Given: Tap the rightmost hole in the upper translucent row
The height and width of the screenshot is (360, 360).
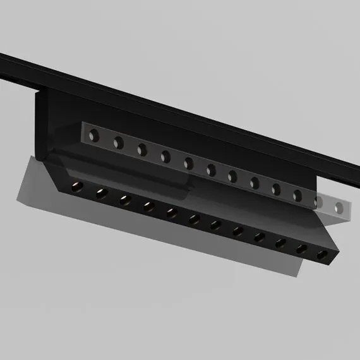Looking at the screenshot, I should [x=340, y=207].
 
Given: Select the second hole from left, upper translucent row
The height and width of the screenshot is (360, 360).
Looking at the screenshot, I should [x=118, y=141].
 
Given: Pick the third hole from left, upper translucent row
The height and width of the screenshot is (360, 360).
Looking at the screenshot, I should [x=142, y=148].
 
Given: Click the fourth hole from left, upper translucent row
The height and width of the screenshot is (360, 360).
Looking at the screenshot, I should [x=165, y=155].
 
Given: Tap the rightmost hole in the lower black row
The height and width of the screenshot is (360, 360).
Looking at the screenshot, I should [x=323, y=256].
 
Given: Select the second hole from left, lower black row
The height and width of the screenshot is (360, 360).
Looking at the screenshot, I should [x=100, y=193].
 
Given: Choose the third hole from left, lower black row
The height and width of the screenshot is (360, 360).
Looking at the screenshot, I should [x=124, y=200].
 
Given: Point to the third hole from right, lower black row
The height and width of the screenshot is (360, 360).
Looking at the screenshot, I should [x=280, y=243].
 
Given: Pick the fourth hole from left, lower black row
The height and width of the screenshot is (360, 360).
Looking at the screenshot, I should [x=148, y=206].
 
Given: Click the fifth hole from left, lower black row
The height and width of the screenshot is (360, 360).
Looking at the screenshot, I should [x=171, y=212].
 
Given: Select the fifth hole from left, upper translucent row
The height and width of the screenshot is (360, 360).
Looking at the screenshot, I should [x=189, y=162].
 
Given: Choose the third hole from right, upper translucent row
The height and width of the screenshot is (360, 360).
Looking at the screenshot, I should [x=297, y=195].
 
